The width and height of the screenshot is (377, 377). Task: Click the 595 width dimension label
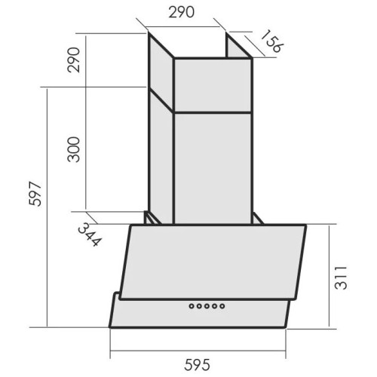pos(197,365)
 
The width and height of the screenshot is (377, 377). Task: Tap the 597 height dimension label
pos(35,194)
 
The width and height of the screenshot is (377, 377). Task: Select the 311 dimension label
pos(341,277)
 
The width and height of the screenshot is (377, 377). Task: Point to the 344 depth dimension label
pos(90,234)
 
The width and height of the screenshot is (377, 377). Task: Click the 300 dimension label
pos(74,149)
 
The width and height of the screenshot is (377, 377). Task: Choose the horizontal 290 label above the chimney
pos(182,12)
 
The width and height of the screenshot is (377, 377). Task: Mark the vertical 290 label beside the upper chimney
pos(74,60)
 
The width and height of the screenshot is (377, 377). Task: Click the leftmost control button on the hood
pos(192,306)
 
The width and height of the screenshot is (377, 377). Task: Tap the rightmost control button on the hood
pos(222,306)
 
